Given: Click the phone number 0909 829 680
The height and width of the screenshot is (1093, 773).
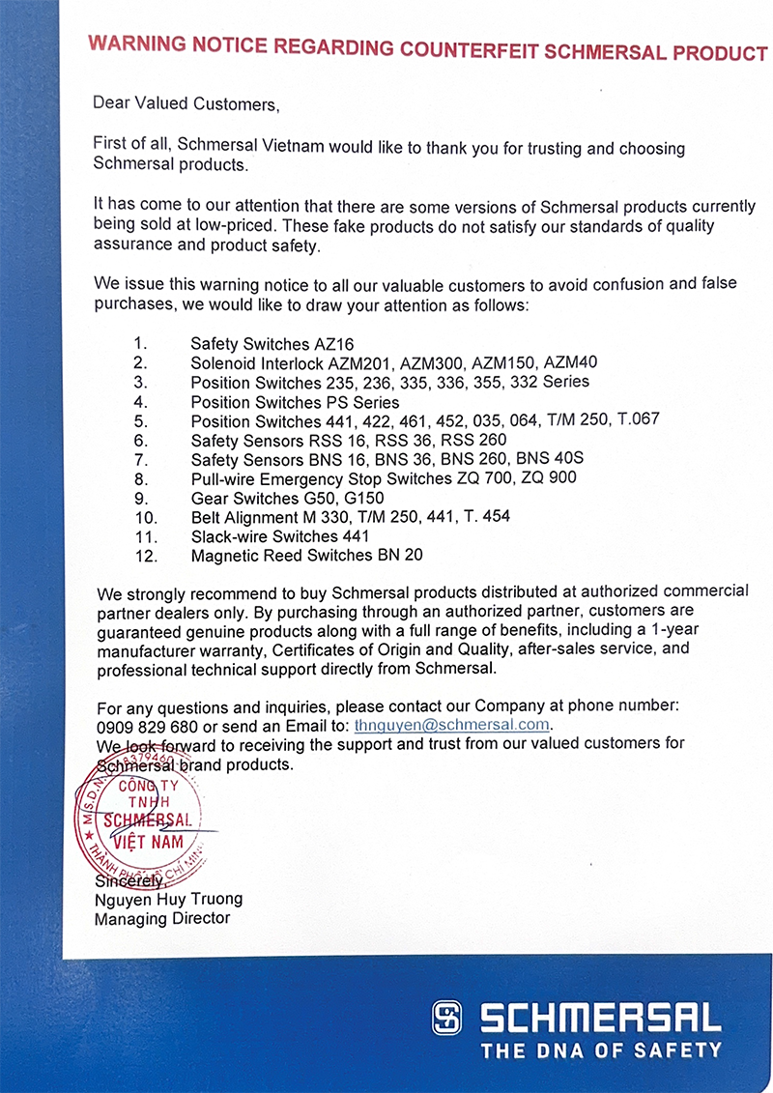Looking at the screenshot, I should pos(146,726).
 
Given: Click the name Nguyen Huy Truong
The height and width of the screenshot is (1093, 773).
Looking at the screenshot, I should pos(168,899).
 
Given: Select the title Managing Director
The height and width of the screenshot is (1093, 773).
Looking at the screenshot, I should pos(162,918).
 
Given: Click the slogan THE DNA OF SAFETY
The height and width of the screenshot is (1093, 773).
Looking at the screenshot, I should pos(601,1050).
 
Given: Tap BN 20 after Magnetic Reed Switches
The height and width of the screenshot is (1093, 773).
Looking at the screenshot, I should pos(399,556).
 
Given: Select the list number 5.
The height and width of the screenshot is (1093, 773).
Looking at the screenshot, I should pos(140,420).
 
